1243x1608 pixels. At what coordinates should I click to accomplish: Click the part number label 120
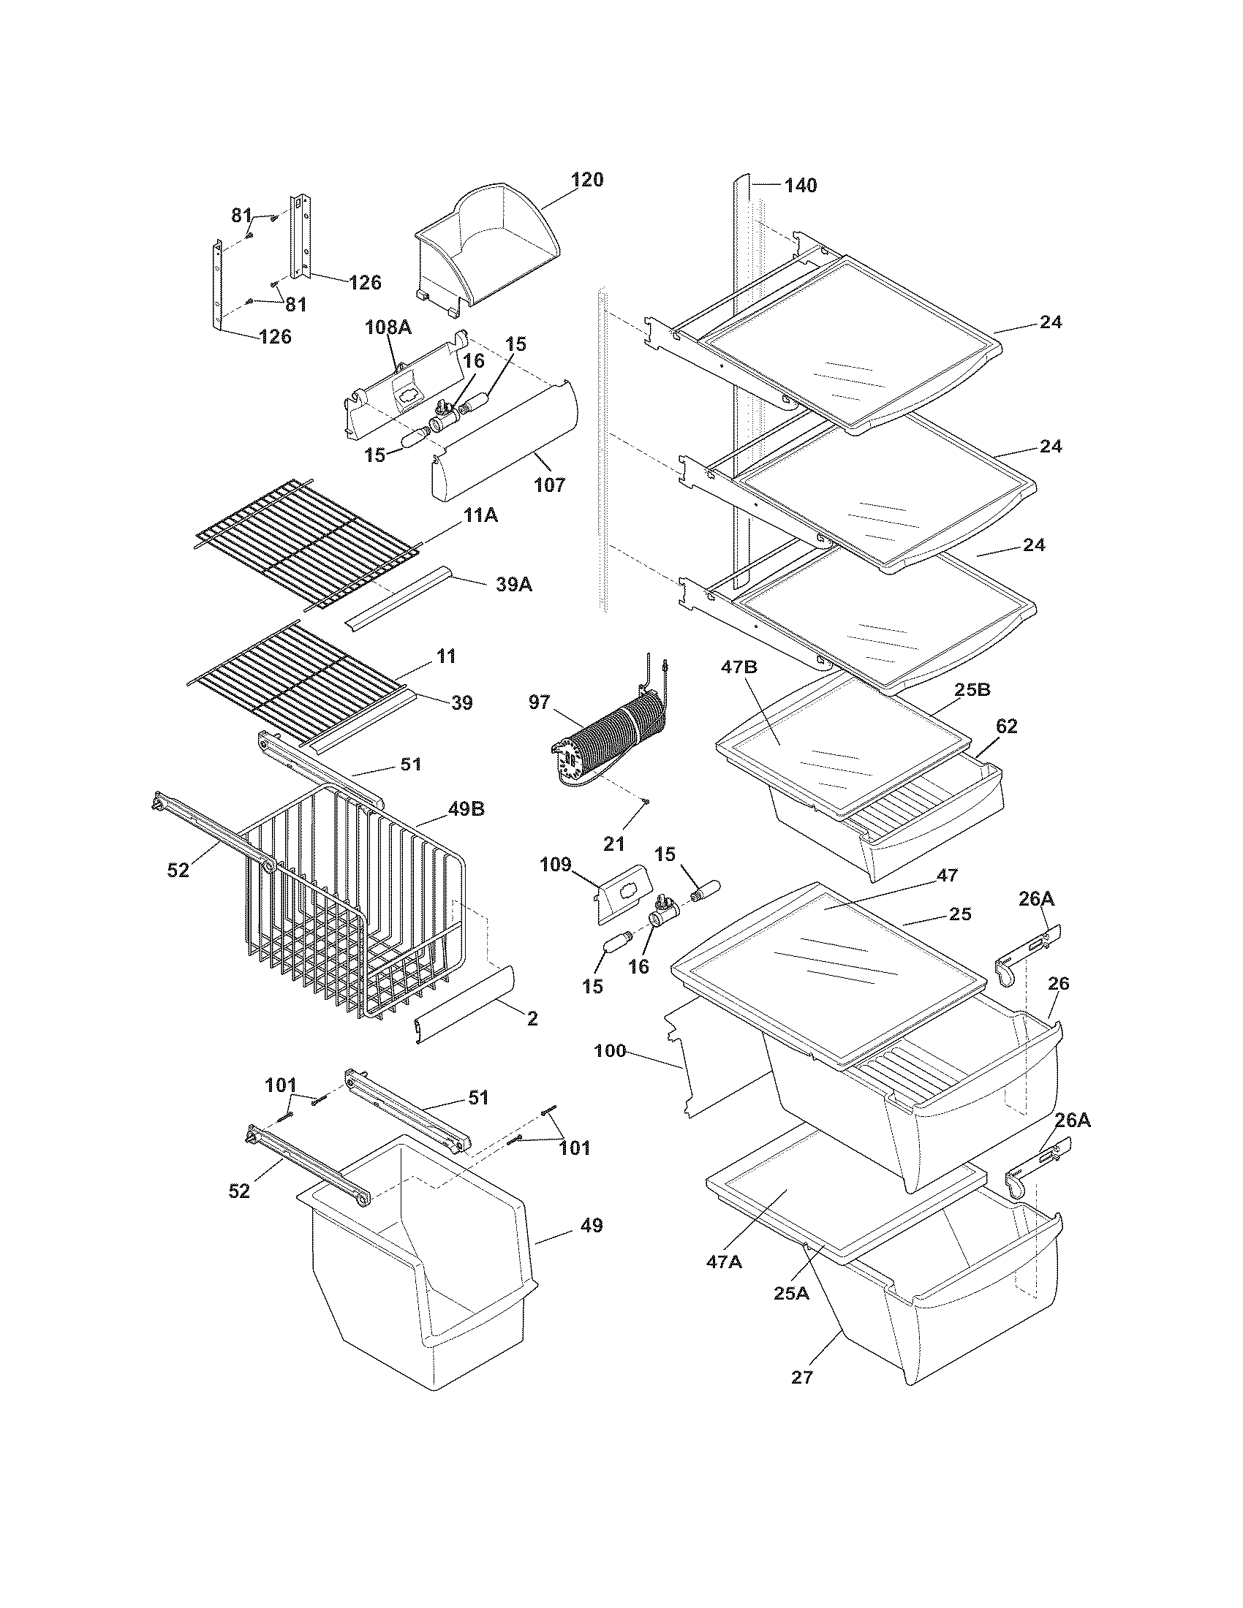pyautogui.click(x=588, y=180)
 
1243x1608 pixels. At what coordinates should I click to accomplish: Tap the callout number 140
pyautogui.click(x=800, y=186)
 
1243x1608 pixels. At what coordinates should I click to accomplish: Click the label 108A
pyautogui.click(x=388, y=327)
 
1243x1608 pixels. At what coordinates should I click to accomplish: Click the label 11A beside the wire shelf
pyautogui.click(x=480, y=515)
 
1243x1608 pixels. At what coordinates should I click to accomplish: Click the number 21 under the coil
pyautogui.click(x=613, y=843)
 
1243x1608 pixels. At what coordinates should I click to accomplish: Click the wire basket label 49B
pyautogui.click(x=465, y=808)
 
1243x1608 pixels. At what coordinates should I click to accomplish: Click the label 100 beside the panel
pyautogui.click(x=610, y=1051)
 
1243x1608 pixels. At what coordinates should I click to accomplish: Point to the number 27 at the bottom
pyautogui.click(x=801, y=1377)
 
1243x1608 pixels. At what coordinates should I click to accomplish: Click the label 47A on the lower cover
pyautogui.click(x=724, y=1261)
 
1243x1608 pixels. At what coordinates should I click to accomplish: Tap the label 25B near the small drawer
pyautogui.click(x=972, y=689)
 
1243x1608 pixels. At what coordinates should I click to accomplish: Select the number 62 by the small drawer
pyautogui.click(x=1006, y=726)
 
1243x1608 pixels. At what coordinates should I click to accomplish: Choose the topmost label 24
pyautogui.click(x=1051, y=322)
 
